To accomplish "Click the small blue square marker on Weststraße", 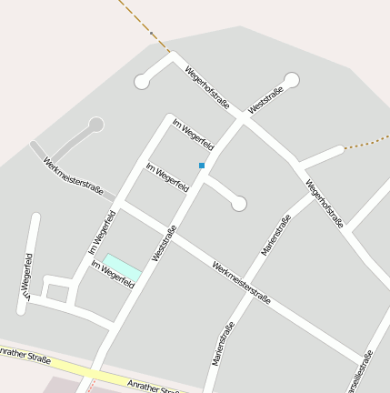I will click(x=202, y=165).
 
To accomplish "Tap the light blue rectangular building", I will click(x=123, y=267).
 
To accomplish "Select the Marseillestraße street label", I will click(x=361, y=371).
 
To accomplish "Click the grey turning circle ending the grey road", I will click(x=95, y=125).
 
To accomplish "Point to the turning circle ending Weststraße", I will click(x=291, y=80).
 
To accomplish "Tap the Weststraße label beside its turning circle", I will click(x=265, y=97).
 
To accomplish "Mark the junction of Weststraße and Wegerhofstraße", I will click(x=243, y=117).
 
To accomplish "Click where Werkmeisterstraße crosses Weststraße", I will click(x=175, y=236).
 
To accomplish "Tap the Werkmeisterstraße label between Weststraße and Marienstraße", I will click(x=241, y=281).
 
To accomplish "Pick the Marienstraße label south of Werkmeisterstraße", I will click(x=224, y=340).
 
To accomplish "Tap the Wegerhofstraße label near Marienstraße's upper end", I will click(x=325, y=204).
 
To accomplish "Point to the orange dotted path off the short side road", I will click(x=367, y=143).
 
